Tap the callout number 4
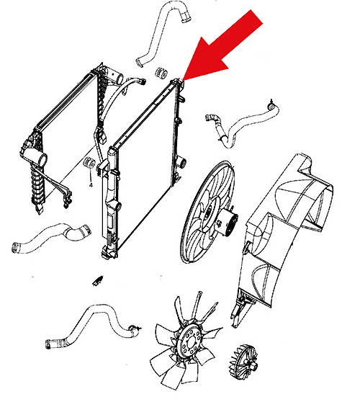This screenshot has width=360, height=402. pos(91,185)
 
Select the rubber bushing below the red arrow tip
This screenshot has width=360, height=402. pos(161,72)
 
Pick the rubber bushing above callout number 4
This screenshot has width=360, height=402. pos(89,163)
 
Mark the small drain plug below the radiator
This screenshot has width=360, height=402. pos(98,280)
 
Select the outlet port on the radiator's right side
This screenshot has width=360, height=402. pos(182,163)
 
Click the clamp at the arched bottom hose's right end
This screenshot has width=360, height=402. pos(134,329)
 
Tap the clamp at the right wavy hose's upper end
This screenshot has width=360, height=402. pos(271,105)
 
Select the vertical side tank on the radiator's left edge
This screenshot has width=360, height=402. pos(111,202)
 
